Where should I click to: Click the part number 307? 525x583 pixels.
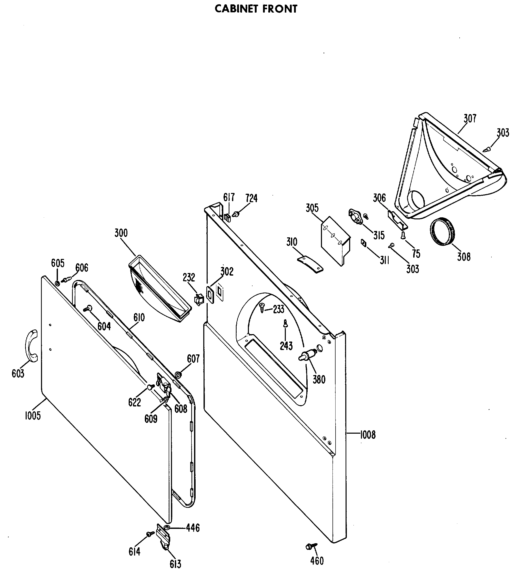(x=470, y=118)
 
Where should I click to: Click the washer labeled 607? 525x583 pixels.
(x=178, y=375)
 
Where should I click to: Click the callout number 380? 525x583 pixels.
(x=319, y=380)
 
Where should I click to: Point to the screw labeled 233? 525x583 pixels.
(x=262, y=307)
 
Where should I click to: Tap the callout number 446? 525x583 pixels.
(x=193, y=528)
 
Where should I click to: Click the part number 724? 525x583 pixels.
(x=251, y=198)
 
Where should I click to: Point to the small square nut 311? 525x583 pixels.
(x=364, y=243)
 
